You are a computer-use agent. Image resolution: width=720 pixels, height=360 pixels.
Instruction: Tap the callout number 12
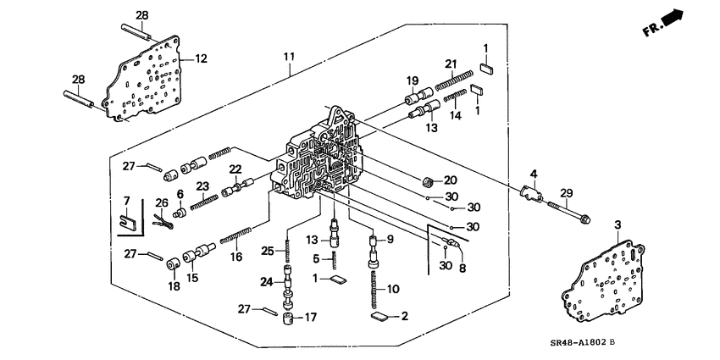(201, 58)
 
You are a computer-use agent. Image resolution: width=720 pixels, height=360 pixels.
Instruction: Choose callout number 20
(450, 180)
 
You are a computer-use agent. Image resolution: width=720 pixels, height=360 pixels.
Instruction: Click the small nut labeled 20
(429, 180)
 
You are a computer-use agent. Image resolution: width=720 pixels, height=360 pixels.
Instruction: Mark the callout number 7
(127, 200)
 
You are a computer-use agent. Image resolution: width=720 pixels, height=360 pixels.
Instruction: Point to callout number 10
(392, 289)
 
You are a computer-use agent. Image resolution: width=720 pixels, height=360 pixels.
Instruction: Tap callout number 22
(235, 169)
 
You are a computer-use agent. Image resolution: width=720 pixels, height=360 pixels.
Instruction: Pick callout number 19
(414, 80)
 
